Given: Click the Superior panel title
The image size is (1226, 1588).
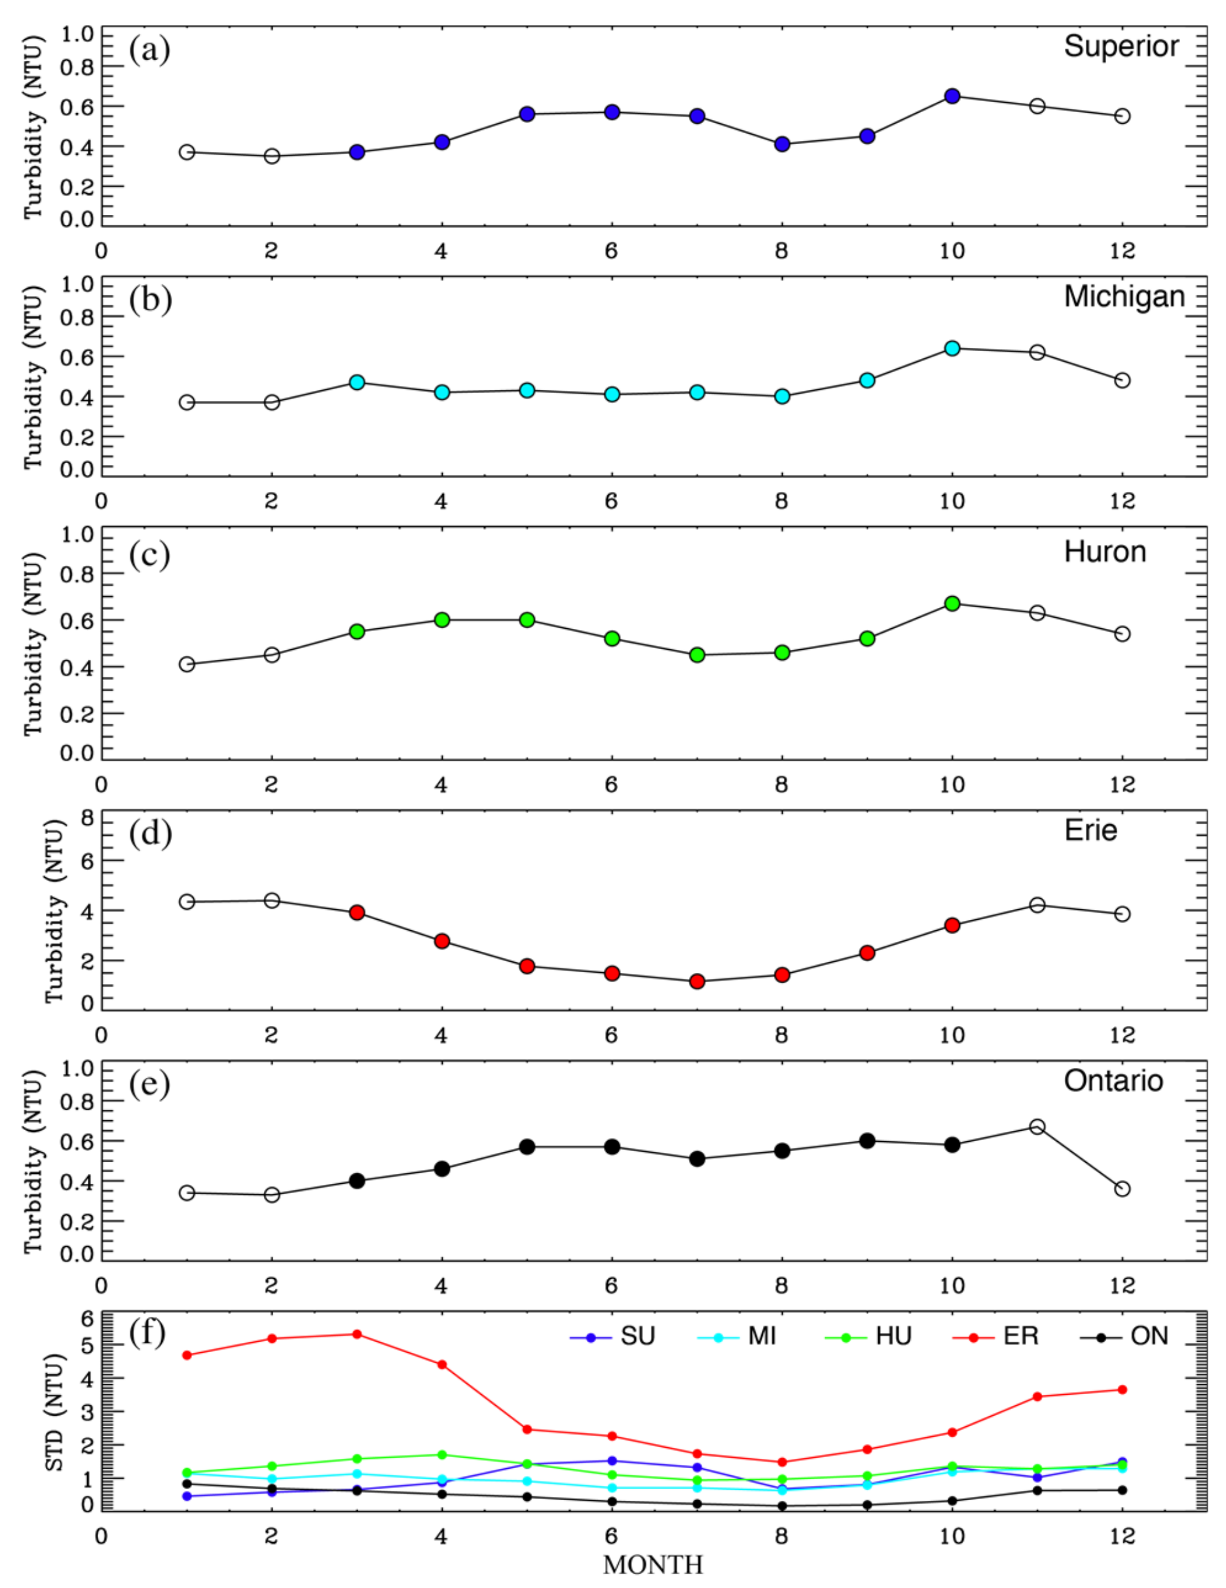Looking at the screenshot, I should [1121, 47].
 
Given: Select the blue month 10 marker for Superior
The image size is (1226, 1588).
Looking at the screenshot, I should [952, 96].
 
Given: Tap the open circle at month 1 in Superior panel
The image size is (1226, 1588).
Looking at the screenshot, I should [187, 152].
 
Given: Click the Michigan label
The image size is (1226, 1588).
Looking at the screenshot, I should [1124, 297].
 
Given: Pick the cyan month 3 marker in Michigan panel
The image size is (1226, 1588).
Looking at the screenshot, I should [357, 383].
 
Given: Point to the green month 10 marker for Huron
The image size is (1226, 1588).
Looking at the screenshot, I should [952, 603].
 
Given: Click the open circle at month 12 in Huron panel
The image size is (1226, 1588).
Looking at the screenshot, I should [1122, 634].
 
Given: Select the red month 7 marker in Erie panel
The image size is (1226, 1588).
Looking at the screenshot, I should [697, 981].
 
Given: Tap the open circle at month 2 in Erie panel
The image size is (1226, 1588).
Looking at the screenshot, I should [272, 901].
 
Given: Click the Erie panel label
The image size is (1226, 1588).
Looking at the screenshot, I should [1090, 830].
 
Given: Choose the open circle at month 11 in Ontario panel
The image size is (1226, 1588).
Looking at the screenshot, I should [1037, 1126].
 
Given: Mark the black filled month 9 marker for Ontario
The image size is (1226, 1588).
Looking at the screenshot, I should [867, 1141].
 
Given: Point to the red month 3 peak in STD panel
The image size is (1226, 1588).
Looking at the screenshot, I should [357, 1334].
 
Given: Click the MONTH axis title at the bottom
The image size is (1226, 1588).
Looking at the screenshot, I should [652, 1564].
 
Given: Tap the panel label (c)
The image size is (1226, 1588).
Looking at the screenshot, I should [150, 555].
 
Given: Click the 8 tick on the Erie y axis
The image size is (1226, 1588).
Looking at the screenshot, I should [88, 819].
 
